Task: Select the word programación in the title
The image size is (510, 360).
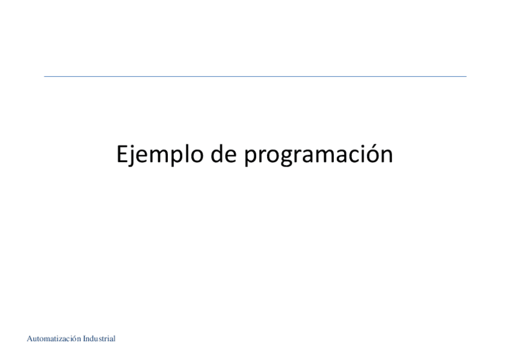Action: [x=318, y=156]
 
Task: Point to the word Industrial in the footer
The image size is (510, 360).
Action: [x=97, y=340]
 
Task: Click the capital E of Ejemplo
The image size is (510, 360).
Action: [x=121, y=154]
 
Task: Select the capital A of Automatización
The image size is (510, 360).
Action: [x=30, y=340]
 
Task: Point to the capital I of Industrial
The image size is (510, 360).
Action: [x=81, y=340]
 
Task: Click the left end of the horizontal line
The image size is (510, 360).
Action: [x=45, y=76]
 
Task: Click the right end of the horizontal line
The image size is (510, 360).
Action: [x=465, y=76]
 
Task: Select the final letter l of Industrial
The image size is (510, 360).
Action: [x=114, y=340]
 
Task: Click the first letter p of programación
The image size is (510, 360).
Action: [x=251, y=157]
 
